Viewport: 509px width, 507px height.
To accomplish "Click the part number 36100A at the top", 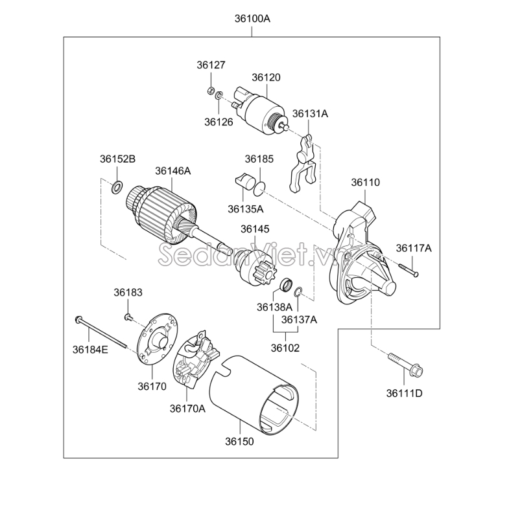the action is click(252, 19).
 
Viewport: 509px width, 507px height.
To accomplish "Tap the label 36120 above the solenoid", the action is click(266, 78).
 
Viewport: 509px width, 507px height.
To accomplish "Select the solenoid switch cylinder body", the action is click(263, 109).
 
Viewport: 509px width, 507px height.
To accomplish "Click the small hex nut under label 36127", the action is click(210, 91).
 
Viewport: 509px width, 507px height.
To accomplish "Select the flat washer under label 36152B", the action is click(117, 188).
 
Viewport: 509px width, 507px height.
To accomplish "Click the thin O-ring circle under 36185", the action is click(259, 189).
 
